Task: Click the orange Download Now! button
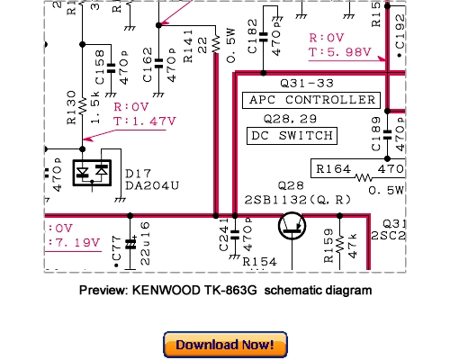225,345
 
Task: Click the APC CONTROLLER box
313,99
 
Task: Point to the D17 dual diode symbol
94,171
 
